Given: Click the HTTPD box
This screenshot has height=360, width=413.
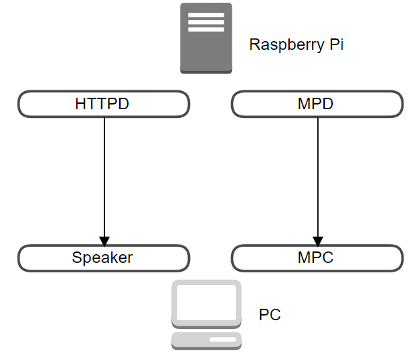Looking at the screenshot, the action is tap(104, 104).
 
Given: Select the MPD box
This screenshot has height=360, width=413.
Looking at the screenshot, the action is tap(317, 104).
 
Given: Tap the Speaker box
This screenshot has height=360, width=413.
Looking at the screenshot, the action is tap(104, 258).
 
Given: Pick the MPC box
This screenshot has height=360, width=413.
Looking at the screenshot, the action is tap(317, 258).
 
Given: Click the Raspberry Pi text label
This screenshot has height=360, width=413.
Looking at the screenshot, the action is tap(296, 44).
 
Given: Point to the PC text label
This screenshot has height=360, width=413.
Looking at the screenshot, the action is tap(269, 314).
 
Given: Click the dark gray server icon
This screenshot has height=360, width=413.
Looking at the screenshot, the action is tap(206, 38).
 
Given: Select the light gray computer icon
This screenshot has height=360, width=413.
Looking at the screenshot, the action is tap(206, 315).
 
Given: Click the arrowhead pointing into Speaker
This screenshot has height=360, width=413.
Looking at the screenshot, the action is tap(104, 241).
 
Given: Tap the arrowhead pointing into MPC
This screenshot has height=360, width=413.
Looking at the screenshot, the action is tap(318, 241).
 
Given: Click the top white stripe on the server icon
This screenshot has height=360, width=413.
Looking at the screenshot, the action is tap(206, 15).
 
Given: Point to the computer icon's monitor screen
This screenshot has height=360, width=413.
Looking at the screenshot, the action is tap(206, 303).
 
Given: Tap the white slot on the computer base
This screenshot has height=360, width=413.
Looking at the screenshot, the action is tap(222, 340).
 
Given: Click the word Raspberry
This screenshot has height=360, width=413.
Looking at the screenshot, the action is tap(287, 45).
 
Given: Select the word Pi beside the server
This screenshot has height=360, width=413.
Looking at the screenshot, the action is tap(337, 44).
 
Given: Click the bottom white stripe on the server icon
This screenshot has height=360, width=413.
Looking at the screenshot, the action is tap(206, 30).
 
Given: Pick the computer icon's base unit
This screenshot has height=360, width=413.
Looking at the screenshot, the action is tap(206, 341).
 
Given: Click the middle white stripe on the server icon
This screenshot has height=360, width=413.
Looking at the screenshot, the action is tap(206, 22).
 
